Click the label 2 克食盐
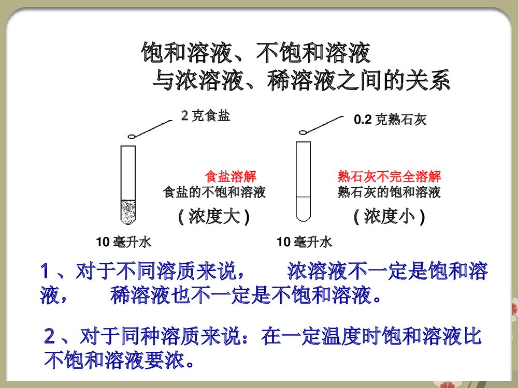coord(205,116)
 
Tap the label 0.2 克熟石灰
coord(390,121)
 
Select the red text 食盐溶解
coord(231,176)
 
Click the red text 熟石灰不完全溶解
coord(389,176)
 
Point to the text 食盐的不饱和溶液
coord(214,193)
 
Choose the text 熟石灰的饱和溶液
coord(389,193)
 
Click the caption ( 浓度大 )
coord(214,216)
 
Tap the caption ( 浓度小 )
coord(389,216)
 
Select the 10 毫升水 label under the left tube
coord(124,242)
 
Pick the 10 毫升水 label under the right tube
coord(305,242)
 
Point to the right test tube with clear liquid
coord(303,181)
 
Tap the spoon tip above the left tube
coord(132,137)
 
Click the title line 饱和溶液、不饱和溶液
coord(256,53)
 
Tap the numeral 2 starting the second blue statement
coord(50,337)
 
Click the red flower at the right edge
coord(514,309)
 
